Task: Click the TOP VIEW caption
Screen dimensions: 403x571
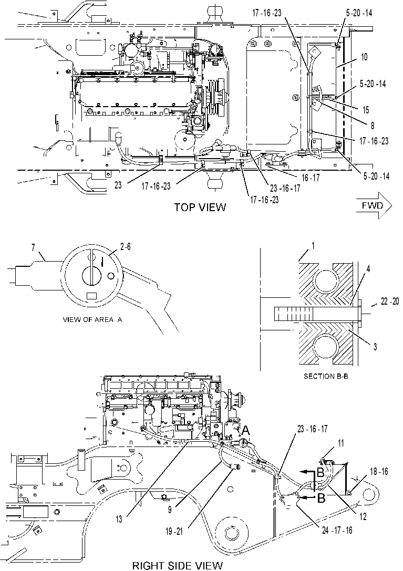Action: [x=200, y=207]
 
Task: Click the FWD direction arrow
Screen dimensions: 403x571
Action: [x=374, y=206]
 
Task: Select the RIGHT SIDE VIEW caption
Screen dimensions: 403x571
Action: [x=178, y=566]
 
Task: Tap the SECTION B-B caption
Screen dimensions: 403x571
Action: [x=326, y=376]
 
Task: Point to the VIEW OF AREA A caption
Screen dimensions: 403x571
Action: [x=92, y=320]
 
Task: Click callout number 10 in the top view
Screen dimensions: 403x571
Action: [x=364, y=57]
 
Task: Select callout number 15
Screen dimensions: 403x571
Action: [x=366, y=110]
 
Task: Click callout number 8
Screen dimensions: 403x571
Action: [x=373, y=126]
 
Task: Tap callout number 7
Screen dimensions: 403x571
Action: [x=33, y=248]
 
